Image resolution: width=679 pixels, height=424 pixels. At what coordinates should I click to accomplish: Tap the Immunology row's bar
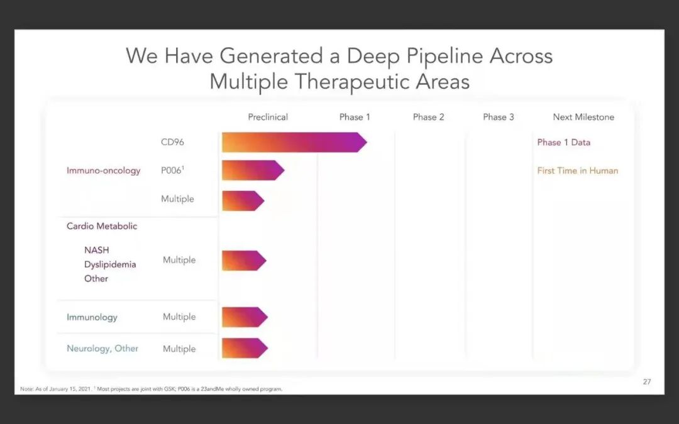point(245,317)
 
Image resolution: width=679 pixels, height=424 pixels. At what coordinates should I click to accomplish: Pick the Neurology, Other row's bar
point(245,348)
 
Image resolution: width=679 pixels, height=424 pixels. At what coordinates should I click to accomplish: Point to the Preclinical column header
point(268,117)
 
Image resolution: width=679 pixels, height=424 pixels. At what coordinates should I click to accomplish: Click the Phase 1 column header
point(355,117)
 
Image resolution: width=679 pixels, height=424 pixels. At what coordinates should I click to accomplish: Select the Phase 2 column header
point(428,117)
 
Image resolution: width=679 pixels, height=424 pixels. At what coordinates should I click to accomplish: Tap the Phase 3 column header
point(499,117)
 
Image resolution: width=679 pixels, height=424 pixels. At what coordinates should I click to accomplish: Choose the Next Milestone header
point(583,117)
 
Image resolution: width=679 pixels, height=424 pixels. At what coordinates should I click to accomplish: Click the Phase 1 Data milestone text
point(563,143)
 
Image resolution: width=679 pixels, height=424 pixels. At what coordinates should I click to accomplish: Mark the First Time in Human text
point(577,170)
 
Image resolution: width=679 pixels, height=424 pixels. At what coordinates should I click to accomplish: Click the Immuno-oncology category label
point(104,170)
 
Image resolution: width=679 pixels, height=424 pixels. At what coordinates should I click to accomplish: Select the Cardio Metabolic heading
point(102,226)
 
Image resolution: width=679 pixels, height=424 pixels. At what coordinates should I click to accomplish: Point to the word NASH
point(96,250)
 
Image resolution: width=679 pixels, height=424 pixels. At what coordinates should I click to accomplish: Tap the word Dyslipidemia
point(110,264)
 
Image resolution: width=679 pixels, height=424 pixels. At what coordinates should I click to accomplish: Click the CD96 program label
point(172,143)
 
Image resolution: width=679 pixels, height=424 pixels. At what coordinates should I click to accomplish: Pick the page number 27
point(647,382)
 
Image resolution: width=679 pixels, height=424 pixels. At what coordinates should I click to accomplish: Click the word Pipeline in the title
point(436,56)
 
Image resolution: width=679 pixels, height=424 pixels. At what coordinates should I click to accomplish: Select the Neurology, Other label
point(102,348)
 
